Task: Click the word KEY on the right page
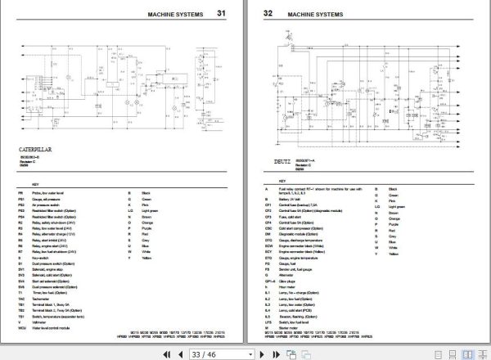pos(278,182)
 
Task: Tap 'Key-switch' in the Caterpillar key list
pos(47,263)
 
